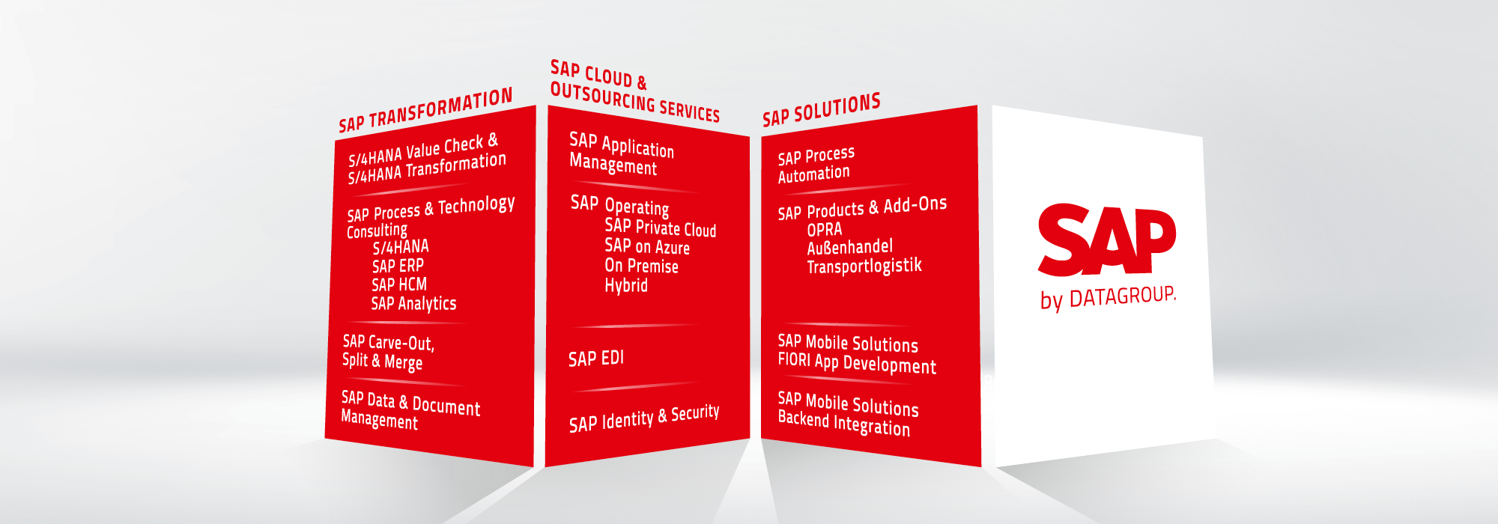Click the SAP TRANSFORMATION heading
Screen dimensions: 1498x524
pos(425,110)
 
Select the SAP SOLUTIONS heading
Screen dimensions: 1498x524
pos(822,110)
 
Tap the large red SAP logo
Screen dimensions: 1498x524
pos(1107,239)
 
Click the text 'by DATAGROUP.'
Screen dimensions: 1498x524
pos(1109,298)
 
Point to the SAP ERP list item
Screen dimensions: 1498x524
pos(398,266)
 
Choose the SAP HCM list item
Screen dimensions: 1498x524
pos(399,284)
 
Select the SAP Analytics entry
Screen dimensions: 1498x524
pos(413,303)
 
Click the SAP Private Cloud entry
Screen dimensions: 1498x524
pos(661,228)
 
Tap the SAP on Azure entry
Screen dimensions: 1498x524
pos(647,246)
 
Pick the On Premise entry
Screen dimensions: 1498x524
pos(641,266)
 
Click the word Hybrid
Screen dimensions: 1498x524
pos(626,285)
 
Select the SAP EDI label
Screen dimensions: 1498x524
pos(596,359)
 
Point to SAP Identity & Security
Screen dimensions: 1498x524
pos(644,419)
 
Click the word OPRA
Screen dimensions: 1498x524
pos(825,230)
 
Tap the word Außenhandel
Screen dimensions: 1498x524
pos(850,247)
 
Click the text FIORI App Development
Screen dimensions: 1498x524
pos(857,363)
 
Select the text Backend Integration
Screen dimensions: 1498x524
pos(844,423)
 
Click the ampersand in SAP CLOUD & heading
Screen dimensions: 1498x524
pos(642,82)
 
